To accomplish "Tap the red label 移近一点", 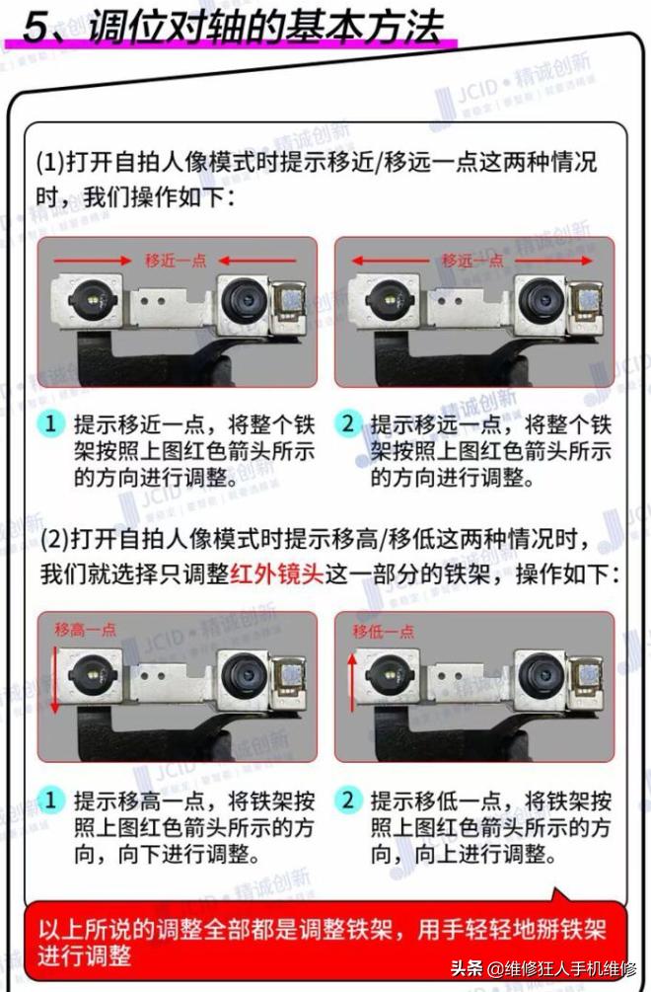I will coord(176,260).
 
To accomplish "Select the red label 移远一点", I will coord(472,260).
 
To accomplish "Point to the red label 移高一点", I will coord(86,630).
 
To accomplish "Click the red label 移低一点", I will coord(381,630).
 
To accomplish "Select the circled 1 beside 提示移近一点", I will coord(51,425).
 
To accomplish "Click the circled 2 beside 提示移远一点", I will coord(347,425).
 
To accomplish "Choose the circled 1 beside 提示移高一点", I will coord(51,800).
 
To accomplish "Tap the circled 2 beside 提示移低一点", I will coord(347,800).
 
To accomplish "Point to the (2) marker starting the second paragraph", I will coord(53,541).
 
